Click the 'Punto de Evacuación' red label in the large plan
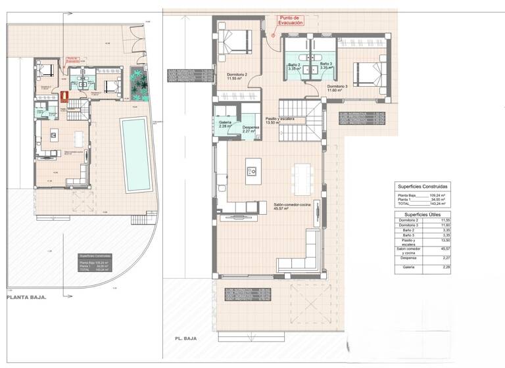point(290,20)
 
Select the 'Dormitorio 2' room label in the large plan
point(237,77)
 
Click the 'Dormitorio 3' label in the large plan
point(337,88)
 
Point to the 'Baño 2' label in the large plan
point(295,66)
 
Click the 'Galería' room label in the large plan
point(226,124)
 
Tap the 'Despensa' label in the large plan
point(251,129)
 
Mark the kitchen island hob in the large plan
point(253,171)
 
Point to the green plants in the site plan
point(138,83)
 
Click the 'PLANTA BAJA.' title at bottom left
point(26,297)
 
